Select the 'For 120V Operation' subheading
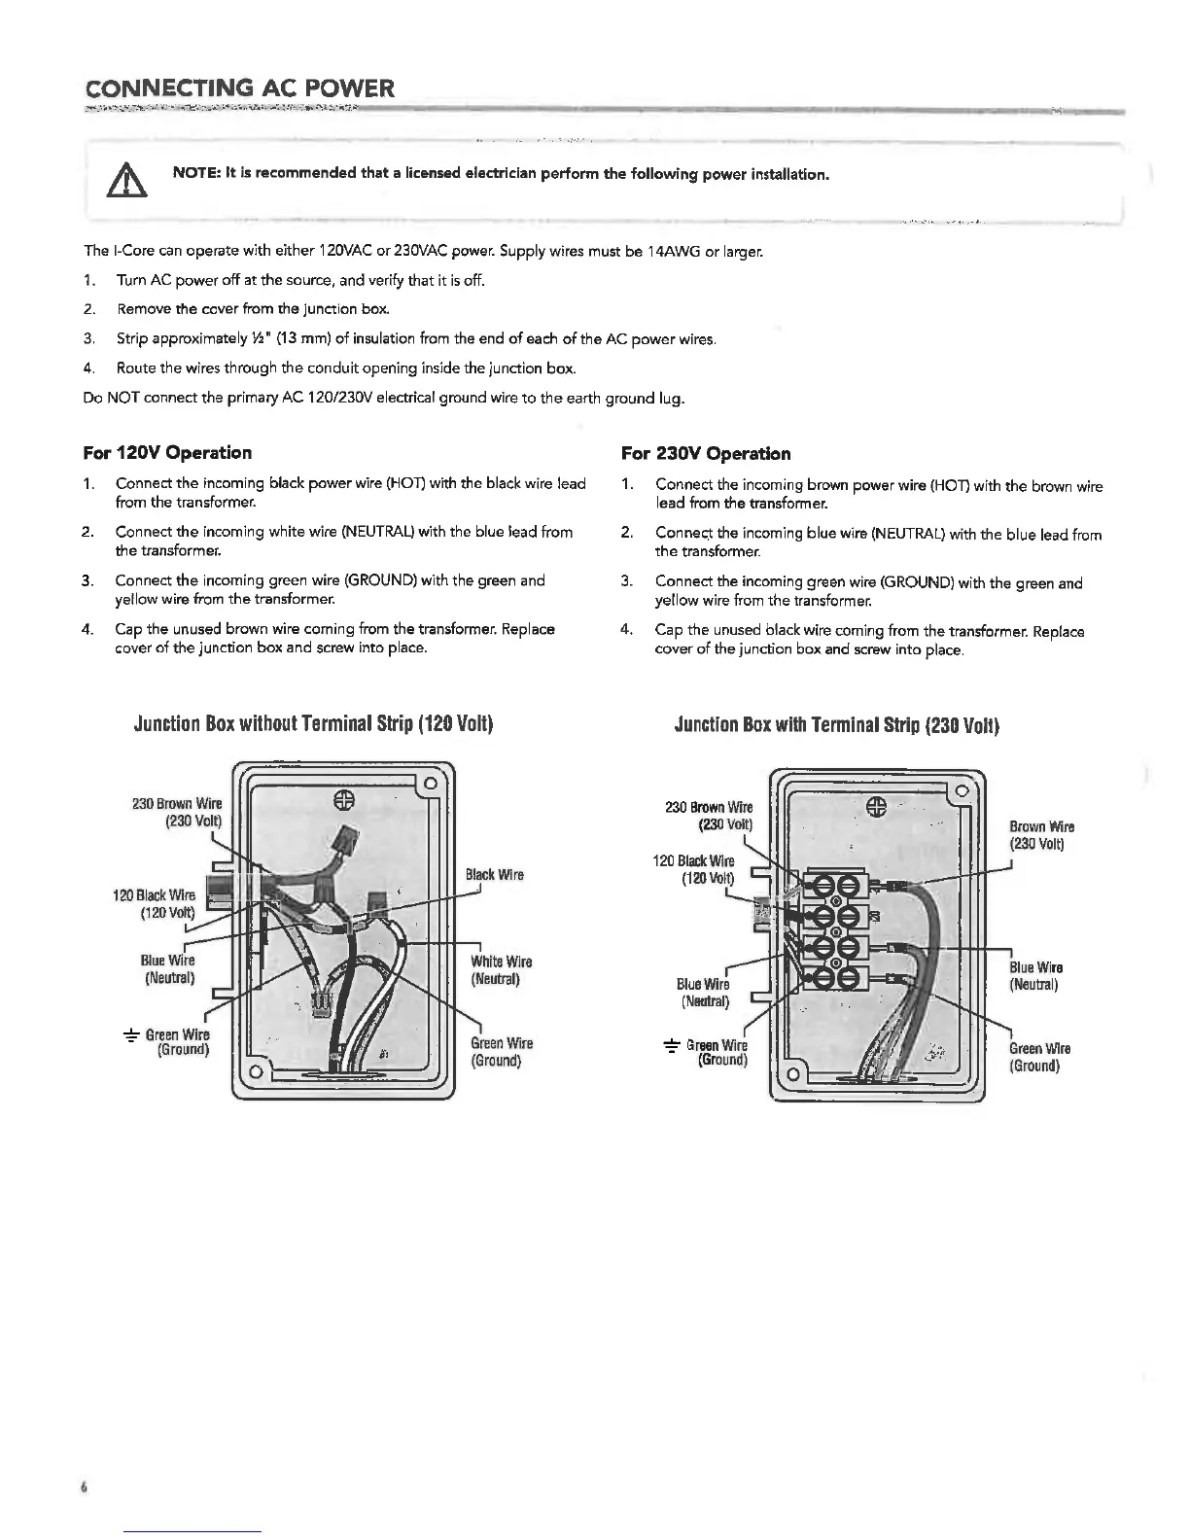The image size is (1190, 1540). [x=168, y=452]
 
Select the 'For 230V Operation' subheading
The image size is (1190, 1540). [x=705, y=453]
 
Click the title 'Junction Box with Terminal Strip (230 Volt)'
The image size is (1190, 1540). [x=836, y=726]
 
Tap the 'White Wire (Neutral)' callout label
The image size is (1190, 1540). [x=501, y=970]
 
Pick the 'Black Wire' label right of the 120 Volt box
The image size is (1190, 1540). [x=494, y=875]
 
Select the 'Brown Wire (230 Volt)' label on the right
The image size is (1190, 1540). [x=1041, y=835]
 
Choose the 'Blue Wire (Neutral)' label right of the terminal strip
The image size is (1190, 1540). [x=1035, y=975]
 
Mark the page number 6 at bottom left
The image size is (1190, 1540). [x=85, y=1487]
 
